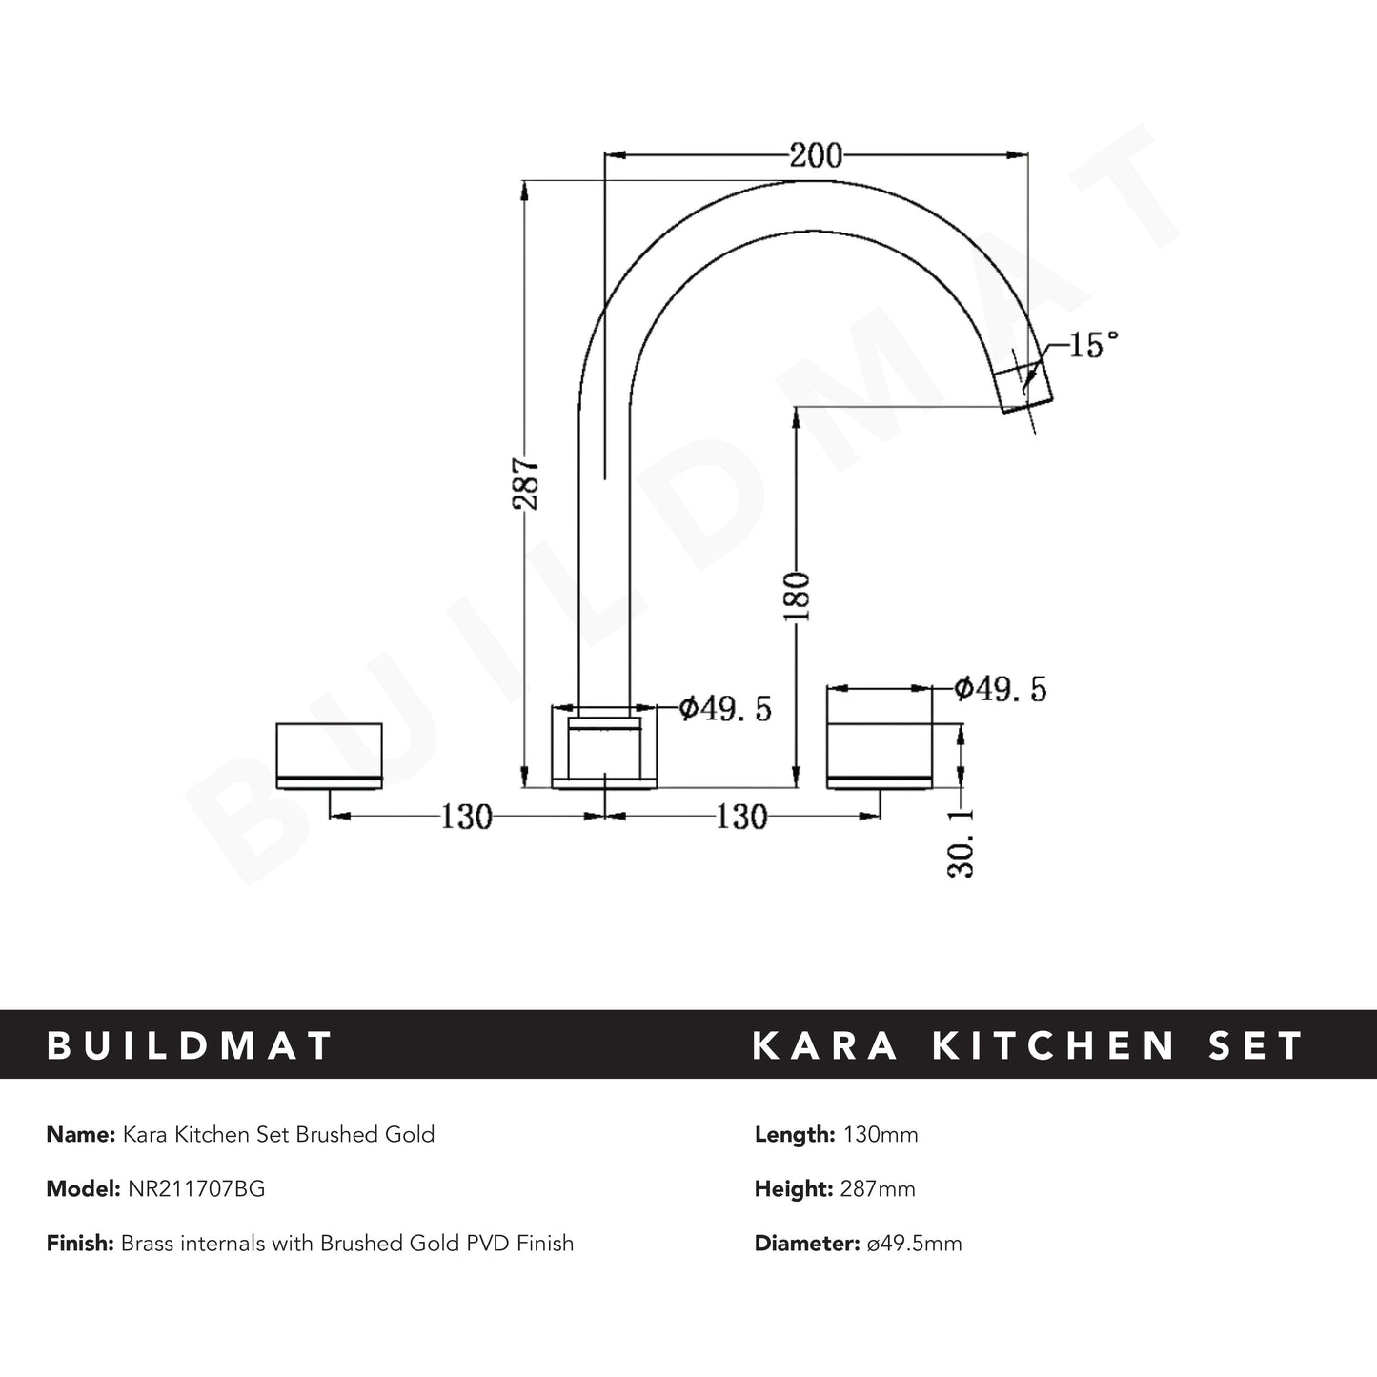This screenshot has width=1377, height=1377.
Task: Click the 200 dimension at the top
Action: pyautogui.click(x=816, y=154)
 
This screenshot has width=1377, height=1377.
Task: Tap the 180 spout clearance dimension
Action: pyautogui.click(x=797, y=597)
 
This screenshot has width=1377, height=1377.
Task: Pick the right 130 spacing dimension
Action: pyautogui.click(x=740, y=817)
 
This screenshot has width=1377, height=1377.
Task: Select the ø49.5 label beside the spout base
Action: pyautogui.click(x=724, y=708)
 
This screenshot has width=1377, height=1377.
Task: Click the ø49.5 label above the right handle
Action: pyautogui.click(x=1000, y=688)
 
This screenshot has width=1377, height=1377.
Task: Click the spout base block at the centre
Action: pyautogui.click(x=605, y=748)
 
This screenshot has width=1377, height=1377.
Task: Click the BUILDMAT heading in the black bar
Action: pyautogui.click(x=190, y=1045)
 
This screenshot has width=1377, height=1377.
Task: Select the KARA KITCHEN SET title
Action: pyautogui.click(x=1028, y=1045)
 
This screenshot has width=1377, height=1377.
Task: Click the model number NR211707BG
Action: pyautogui.click(x=195, y=1188)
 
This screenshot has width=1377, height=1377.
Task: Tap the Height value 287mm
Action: pyautogui.click(x=877, y=1188)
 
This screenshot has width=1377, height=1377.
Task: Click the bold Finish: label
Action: pyautogui.click(x=80, y=1243)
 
